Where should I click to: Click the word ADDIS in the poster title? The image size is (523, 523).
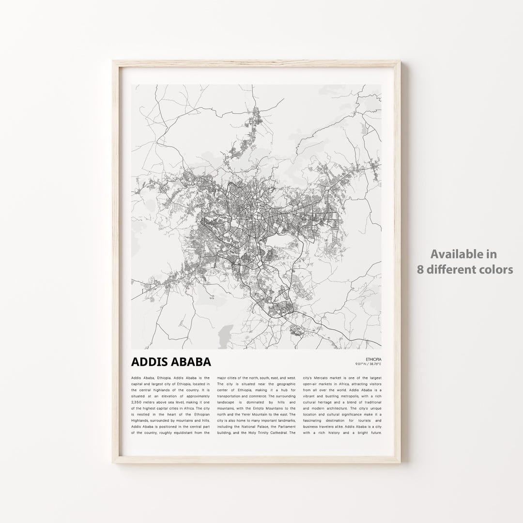[x=148, y=362]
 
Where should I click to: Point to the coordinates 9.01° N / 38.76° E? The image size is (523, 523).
[x=368, y=364]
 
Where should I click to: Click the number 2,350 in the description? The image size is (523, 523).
[x=139, y=401]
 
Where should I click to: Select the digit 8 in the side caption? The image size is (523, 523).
[x=420, y=269]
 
